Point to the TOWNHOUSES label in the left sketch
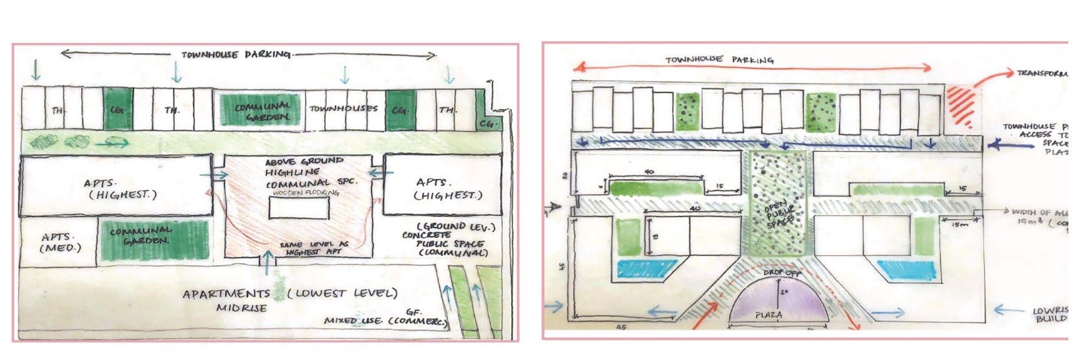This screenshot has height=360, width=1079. pyautogui.click(x=344, y=109)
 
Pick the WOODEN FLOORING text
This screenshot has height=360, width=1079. pyautogui.click(x=299, y=193)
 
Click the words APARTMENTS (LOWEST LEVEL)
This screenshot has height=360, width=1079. pyautogui.click(x=289, y=293)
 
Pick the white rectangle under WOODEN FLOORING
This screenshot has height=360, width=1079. pyautogui.click(x=299, y=208)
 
